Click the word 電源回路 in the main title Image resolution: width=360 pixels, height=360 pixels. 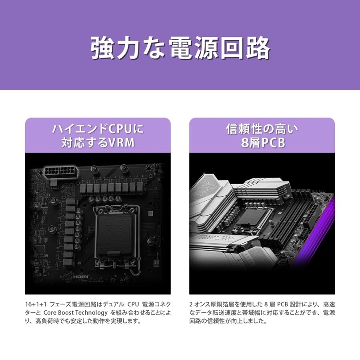coord(219,48)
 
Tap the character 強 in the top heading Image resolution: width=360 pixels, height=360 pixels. coord(104,48)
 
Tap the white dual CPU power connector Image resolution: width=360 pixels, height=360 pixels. coord(60,173)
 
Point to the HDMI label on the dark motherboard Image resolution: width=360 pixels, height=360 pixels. coord(82,276)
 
